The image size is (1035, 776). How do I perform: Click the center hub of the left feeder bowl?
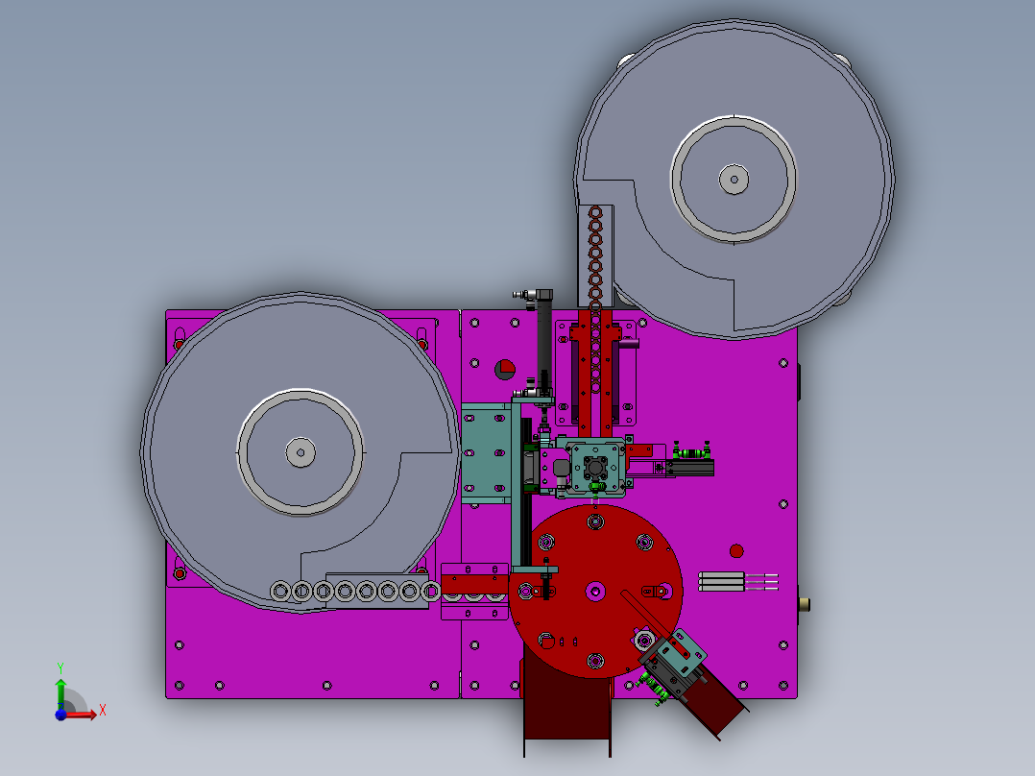pos(301,452)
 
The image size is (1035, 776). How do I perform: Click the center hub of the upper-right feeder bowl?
pos(734,179)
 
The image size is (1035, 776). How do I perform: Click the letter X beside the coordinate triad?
pos(103,711)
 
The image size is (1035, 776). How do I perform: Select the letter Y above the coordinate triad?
pos(60,668)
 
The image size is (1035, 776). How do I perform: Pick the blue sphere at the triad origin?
pos(60,714)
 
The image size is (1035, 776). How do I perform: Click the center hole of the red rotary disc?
pos(595,591)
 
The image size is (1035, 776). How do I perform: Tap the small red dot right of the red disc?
pos(736,551)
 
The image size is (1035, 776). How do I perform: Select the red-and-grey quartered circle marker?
pos(505,369)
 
